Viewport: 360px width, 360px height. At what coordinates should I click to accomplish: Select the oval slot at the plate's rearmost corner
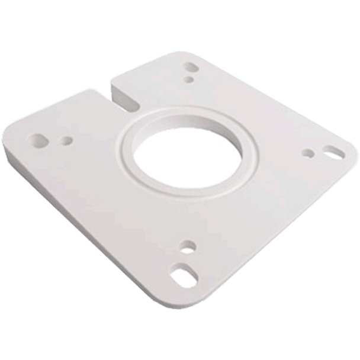click(193, 65)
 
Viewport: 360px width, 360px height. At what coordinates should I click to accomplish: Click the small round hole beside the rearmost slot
click(188, 78)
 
